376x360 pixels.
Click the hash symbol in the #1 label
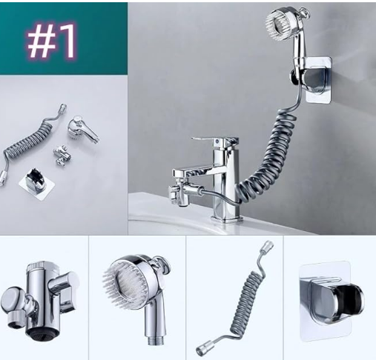pos(40,41)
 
